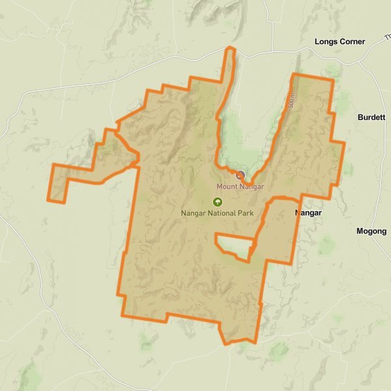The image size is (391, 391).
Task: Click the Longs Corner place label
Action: (340, 42)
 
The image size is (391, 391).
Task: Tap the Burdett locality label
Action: (372, 117)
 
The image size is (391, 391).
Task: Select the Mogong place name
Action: (371, 231)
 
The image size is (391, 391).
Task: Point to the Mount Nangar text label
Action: (240, 187)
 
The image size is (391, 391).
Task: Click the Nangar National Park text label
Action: (216, 213)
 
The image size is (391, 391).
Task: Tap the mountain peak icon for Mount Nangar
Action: (240, 175)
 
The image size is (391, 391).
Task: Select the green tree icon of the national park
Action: (217, 202)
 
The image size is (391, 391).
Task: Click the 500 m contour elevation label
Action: (291, 102)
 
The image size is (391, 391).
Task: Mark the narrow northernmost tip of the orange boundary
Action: (229, 49)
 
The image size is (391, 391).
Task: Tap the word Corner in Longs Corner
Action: (353, 42)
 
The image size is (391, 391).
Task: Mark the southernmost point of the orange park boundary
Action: (226, 343)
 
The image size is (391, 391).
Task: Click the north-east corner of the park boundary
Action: (333, 81)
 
